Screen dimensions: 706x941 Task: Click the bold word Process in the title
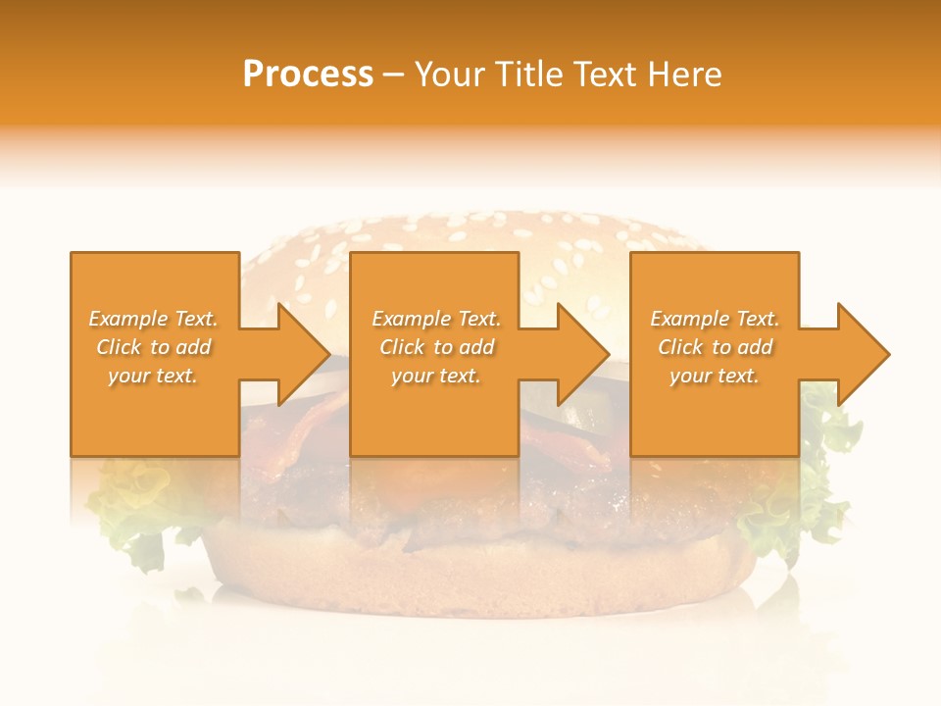[x=308, y=74]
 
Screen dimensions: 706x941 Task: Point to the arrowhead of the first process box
[x=303, y=354]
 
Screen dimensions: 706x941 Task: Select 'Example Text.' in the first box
[x=153, y=319]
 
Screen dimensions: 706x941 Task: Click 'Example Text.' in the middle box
[x=436, y=319]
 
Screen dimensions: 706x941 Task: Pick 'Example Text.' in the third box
[x=715, y=319]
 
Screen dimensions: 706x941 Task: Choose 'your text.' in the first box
[x=153, y=376]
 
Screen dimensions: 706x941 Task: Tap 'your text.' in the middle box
[x=436, y=376]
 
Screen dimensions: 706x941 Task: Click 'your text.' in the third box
[x=715, y=376]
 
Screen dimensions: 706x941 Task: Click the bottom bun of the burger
[x=480, y=579]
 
